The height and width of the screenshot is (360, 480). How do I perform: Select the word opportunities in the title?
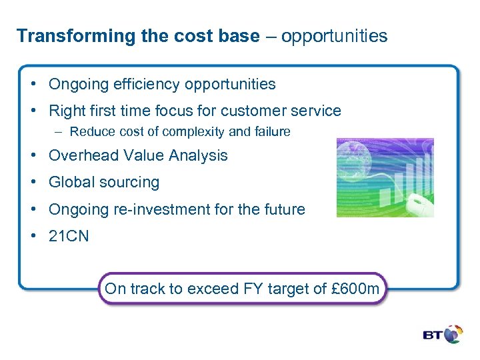(x=334, y=36)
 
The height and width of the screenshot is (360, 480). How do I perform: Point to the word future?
(x=284, y=209)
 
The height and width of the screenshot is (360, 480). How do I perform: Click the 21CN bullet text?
(x=69, y=237)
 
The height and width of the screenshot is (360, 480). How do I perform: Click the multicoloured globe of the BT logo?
(x=454, y=334)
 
